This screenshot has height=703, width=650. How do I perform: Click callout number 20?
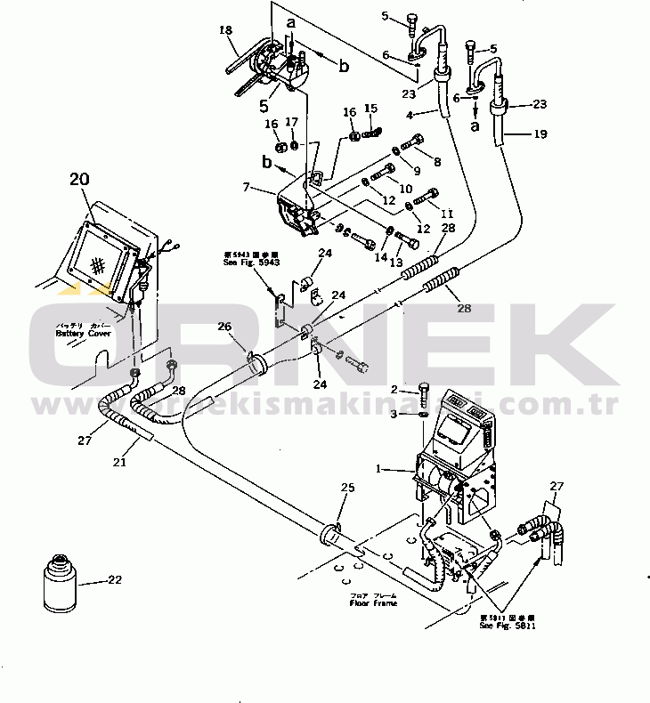coord(80,179)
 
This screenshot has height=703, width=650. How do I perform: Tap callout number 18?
coord(225,30)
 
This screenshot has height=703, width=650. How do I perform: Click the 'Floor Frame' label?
coord(373,602)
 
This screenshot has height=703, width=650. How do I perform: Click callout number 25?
coord(348,489)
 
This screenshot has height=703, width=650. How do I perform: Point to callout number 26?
coord(225,326)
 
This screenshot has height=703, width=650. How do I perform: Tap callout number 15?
coord(371,109)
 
